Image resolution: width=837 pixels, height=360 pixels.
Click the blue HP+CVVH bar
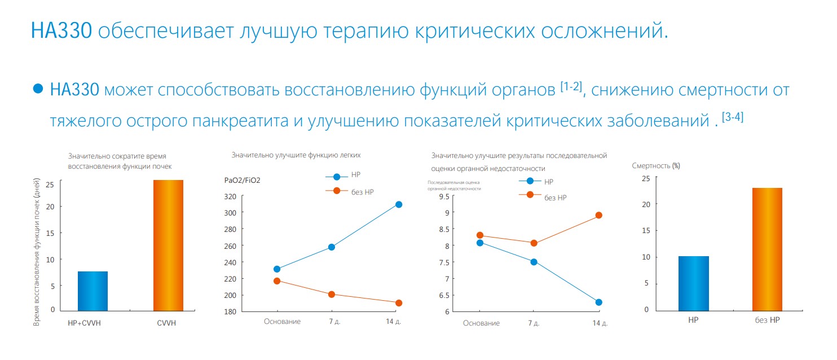coord(92,291)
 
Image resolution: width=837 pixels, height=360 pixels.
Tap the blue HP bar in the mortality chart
coord(694,283)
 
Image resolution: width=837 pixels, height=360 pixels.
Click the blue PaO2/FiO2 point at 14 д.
coord(399,204)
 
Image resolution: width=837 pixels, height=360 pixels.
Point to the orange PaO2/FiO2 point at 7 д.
coord(332,295)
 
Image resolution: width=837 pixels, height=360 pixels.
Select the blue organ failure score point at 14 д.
coord(598,302)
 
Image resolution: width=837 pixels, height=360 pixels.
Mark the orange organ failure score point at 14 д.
coord(599,215)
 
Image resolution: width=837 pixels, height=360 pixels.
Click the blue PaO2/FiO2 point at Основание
coord(277,269)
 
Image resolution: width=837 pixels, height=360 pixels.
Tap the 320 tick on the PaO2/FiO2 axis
coord(230,196)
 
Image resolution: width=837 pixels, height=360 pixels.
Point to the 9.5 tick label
coord(444,196)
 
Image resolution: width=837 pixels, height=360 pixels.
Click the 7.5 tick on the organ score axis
coord(444,262)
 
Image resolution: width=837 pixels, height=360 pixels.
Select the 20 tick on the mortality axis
coord(645,204)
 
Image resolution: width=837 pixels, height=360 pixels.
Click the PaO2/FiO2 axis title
coord(243,180)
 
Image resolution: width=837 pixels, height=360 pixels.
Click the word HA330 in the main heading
coord(61,30)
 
